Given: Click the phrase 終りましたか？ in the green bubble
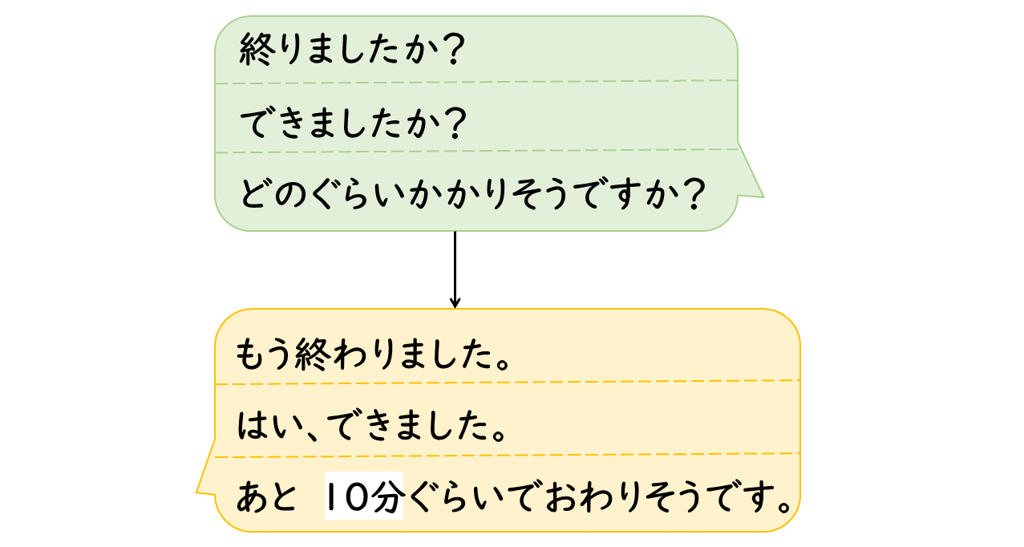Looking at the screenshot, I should [x=353, y=52].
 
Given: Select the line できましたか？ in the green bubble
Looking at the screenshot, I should [x=353, y=123].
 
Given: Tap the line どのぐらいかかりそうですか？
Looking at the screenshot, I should [x=472, y=193].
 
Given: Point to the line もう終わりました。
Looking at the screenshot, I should [x=374, y=353].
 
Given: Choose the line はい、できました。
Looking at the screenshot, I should [x=374, y=426].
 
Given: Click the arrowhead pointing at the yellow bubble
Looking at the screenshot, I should [x=455, y=303].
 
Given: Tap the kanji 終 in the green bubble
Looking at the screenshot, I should [x=255, y=52].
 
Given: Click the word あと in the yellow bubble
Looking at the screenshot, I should [x=266, y=498].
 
